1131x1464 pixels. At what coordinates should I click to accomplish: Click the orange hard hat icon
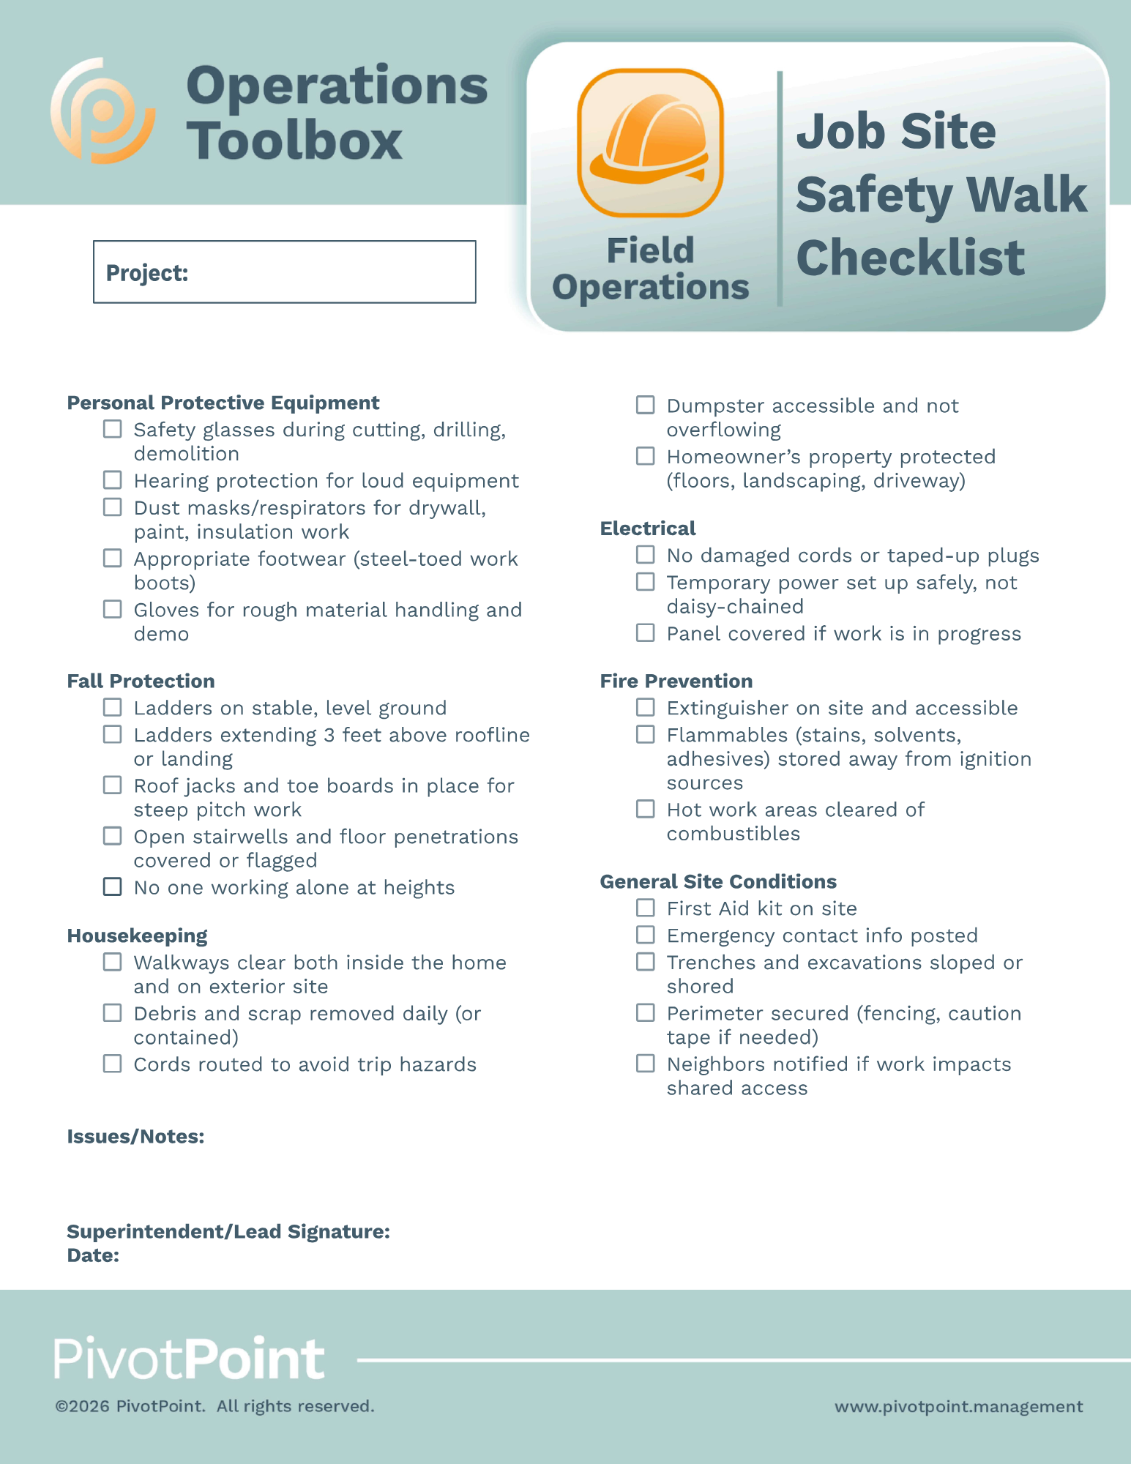(650, 143)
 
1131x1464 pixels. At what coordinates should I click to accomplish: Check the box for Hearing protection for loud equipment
(112, 480)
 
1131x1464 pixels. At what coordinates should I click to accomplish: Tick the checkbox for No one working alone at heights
(112, 886)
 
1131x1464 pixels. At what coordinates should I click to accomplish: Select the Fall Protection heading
(141, 681)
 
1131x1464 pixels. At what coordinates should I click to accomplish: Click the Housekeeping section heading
(137, 935)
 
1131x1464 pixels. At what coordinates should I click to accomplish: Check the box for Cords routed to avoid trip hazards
(112, 1064)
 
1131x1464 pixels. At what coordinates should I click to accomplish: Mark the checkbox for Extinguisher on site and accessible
(645, 707)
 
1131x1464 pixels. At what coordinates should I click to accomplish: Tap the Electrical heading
(647, 529)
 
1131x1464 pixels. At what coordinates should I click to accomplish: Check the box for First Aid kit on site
(645, 908)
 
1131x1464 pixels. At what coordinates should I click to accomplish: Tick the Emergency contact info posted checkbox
(645, 935)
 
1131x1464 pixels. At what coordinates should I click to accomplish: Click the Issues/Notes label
(135, 1136)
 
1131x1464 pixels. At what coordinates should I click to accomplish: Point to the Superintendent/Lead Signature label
(228, 1231)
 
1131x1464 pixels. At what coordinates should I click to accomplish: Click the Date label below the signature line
(93, 1255)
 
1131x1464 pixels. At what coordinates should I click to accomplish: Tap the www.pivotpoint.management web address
(958, 1406)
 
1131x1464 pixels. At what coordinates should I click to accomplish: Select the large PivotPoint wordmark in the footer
(189, 1359)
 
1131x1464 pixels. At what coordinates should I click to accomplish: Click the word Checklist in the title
(910, 258)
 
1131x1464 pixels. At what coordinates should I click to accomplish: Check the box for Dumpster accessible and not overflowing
(645, 405)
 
